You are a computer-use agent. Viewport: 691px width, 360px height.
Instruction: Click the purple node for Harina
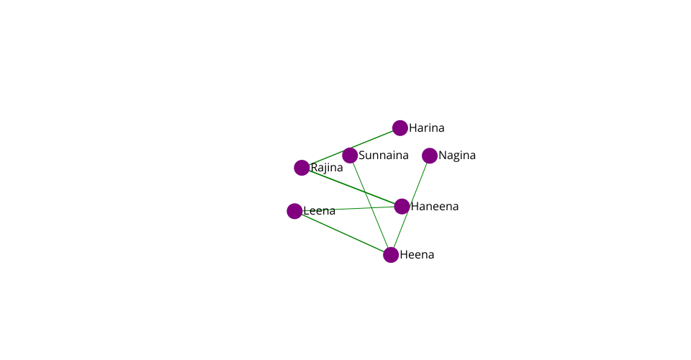400,128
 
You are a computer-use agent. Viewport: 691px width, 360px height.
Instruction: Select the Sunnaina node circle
350,156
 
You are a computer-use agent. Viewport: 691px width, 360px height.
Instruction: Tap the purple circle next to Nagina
430,156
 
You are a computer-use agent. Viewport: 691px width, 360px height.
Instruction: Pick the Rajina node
302,168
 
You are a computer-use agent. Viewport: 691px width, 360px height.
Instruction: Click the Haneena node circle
402,207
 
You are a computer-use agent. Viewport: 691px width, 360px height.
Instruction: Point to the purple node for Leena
294,211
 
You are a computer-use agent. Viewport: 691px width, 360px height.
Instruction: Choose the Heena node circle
391,255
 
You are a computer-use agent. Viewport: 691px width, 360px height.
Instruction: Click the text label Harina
427,128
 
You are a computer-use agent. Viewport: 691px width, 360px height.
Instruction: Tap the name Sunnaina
384,156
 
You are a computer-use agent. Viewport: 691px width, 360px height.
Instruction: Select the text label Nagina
457,156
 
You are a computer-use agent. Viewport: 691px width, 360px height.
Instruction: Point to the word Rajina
327,168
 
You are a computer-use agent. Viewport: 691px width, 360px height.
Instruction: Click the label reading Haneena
435,207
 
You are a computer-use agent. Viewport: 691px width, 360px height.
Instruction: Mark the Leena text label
320,211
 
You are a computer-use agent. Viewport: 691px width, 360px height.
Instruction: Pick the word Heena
417,255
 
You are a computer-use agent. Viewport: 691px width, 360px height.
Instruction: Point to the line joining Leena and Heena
343,233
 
